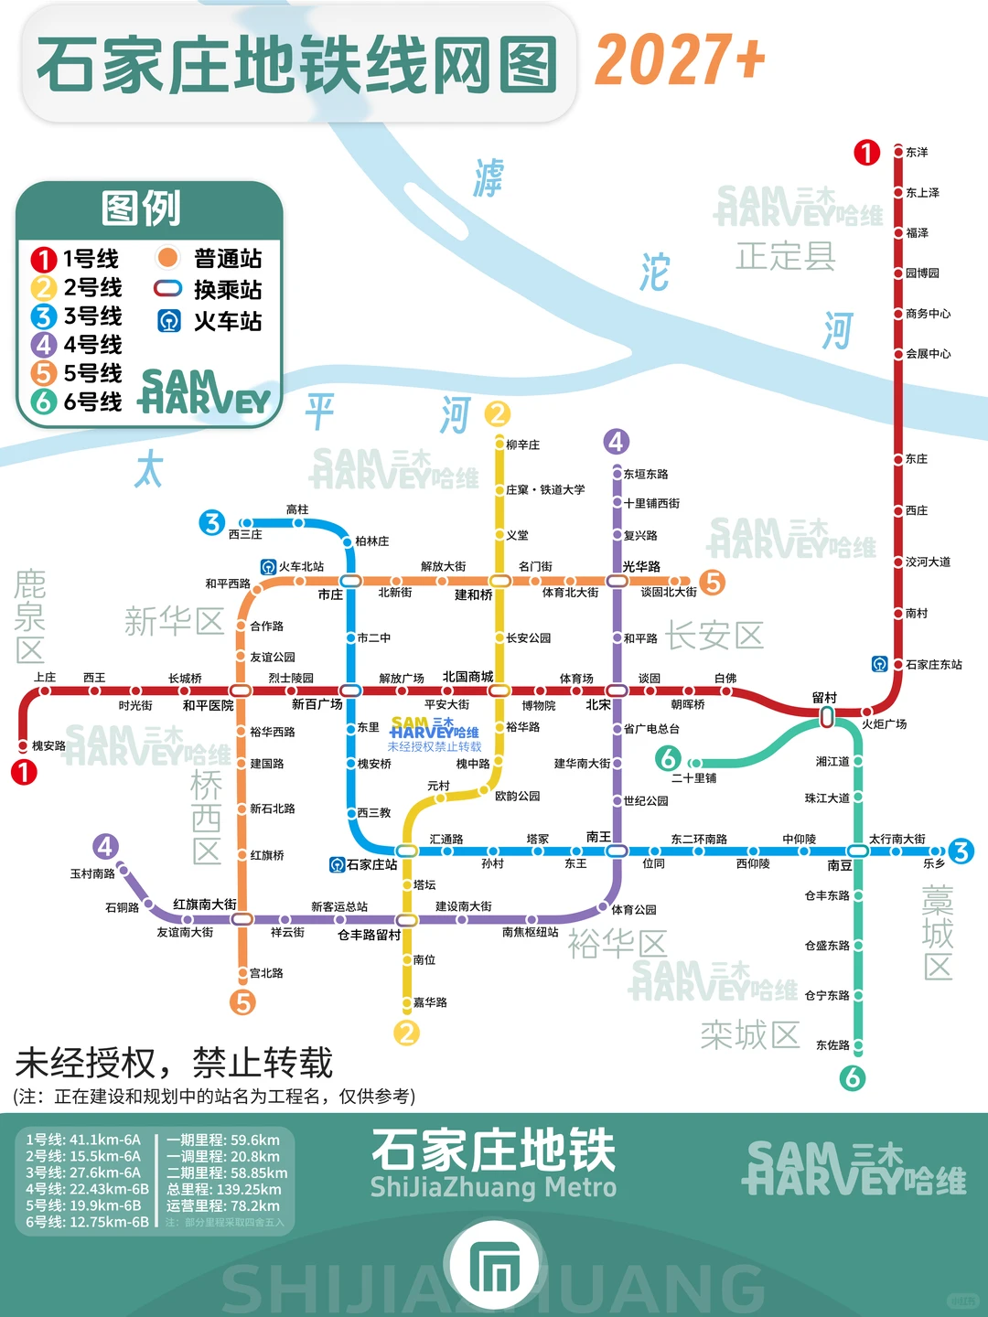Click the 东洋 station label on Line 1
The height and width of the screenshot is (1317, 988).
[x=917, y=153]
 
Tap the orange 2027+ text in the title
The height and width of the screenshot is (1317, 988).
[x=680, y=60]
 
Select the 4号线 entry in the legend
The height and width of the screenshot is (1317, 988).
[x=77, y=345]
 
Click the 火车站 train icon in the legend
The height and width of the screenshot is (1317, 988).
[x=168, y=321]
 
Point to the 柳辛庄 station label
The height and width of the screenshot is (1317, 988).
[x=522, y=445]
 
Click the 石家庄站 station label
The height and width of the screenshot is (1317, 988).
[x=371, y=864]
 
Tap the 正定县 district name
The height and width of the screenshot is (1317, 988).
[x=786, y=256]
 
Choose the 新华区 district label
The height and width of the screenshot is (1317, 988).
[x=174, y=622]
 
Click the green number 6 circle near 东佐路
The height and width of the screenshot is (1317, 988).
[x=853, y=1077]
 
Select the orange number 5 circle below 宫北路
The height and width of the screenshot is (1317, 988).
[x=242, y=1002]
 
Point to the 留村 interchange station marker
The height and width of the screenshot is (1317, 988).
[x=827, y=718]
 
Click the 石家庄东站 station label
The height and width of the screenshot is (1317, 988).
[x=933, y=665]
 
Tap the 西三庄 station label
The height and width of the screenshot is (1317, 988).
[x=245, y=535]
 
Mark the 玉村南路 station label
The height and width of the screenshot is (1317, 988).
[x=92, y=874]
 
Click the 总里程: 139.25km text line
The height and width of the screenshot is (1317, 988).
[x=223, y=1189]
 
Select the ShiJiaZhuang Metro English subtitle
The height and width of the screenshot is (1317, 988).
[x=493, y=1188]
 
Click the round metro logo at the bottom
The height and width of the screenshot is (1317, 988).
[x=494, y=1268]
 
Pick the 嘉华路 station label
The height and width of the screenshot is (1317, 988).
[x=430, y=1002]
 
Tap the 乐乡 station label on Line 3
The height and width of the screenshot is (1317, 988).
[x=933, y=863]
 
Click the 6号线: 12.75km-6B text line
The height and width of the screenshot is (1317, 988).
[x=87, y=1222]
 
